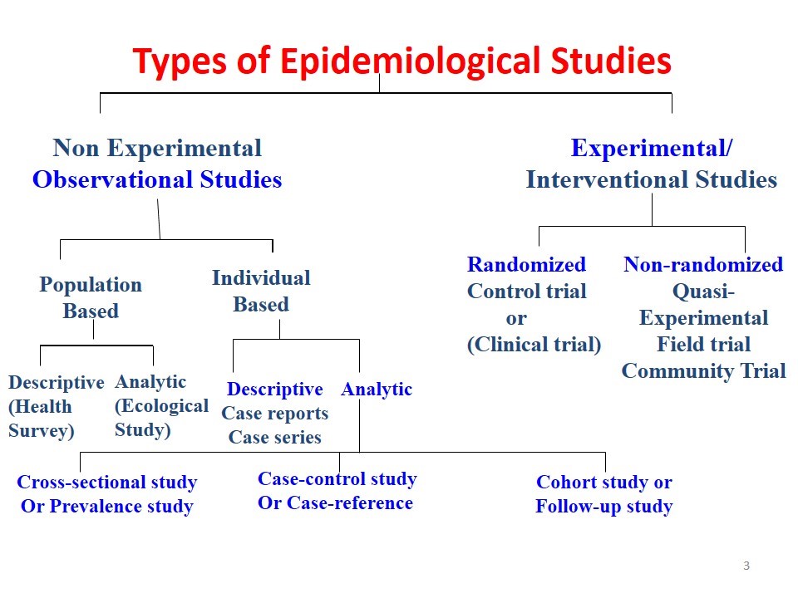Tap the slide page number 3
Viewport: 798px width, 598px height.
[x=746, y=566]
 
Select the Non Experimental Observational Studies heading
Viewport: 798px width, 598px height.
[x=157, y=164]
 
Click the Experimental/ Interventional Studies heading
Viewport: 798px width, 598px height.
[x=652, y=164]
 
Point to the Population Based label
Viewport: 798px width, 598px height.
[x=91, y=298]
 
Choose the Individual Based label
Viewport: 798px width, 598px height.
[x=261, y=292]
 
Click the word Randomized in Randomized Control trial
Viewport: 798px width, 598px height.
[x=526, y=265]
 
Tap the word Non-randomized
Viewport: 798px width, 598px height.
[x=703, y=265]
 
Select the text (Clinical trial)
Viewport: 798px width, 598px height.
[x=534, y=345]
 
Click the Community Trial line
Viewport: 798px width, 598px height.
[x=703, y=371]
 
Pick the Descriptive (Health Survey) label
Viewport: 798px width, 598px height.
[x=56, y=407]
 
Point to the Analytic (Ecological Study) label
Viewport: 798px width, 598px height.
[x=161, y=406]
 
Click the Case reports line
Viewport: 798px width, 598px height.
[x=274, y=414]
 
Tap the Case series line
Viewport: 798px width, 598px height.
[x=274, y=438]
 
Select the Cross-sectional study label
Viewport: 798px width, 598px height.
[x=107, y=483]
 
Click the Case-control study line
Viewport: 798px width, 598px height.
[x=337, y=479]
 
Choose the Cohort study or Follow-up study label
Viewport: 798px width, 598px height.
[x=603, y=494]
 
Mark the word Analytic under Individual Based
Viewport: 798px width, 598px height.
[x=377, y=390]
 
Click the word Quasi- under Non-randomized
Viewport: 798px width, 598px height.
[x=703, y=292]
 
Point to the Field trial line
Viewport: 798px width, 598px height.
[x=703, y=345]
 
